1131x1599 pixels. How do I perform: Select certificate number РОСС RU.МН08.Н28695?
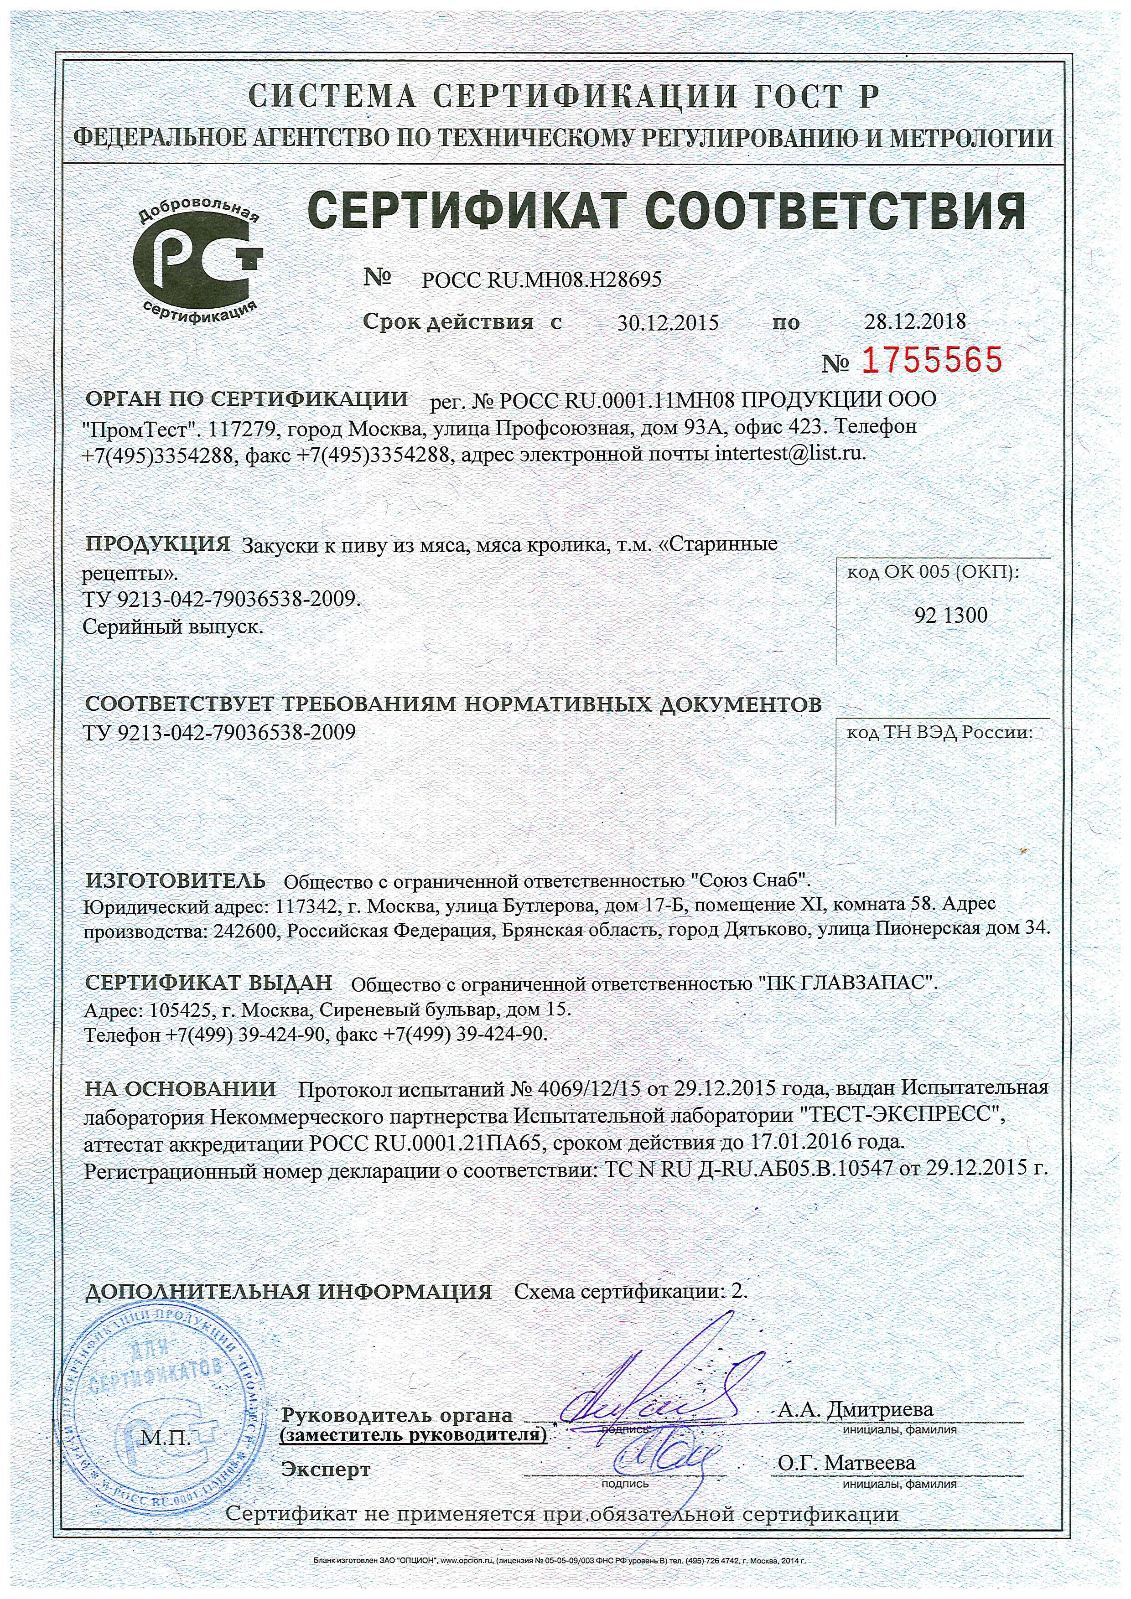coord(541,279)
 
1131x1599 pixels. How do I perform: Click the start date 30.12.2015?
coord(667,322)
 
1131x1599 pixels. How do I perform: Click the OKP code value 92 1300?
coord(950,615)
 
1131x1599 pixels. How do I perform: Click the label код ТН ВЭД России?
coord(939,733)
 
